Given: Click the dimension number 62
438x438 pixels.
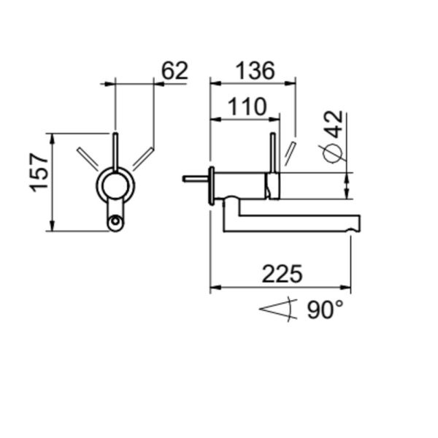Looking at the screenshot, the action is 175,71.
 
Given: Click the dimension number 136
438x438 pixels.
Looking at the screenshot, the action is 255,71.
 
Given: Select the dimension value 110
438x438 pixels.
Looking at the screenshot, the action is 247,107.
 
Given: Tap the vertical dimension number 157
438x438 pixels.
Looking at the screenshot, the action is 39,172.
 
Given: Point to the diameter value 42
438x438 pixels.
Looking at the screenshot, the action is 334,124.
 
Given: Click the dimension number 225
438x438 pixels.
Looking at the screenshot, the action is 282,274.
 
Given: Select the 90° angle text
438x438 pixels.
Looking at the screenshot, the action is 325,310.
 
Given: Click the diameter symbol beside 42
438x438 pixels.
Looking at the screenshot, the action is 332,153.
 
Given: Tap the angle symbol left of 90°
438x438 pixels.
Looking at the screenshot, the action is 279,310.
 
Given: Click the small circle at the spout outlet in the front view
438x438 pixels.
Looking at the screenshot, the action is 115,221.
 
